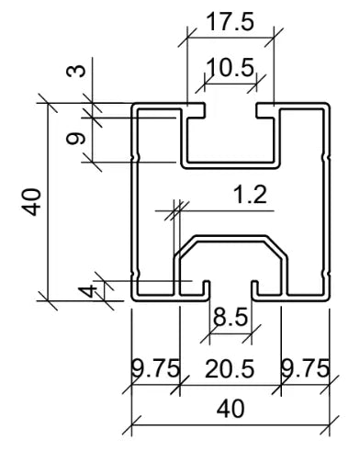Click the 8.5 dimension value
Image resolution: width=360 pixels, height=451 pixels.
click(x=228, y=320)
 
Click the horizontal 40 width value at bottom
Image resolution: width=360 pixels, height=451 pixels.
click(x=228, y=408)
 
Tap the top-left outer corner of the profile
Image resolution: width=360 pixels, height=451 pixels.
click(x=134, y=106)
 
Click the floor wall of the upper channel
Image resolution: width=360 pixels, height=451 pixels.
click(x=230, y=165)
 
